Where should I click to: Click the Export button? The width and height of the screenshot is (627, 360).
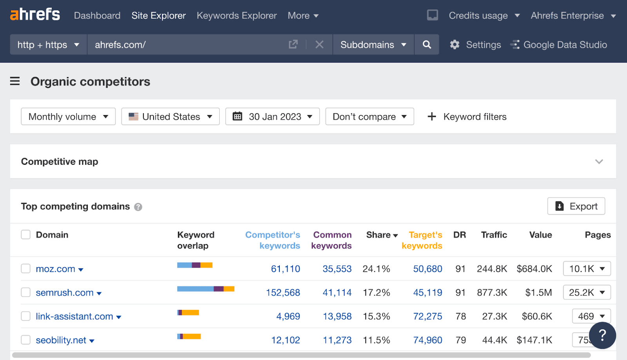coord(576,206)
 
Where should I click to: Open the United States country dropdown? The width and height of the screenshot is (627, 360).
coord(170,117)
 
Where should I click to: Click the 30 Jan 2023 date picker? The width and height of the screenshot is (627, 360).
coord(272,117)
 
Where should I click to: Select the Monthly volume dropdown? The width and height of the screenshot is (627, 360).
coord(68,117)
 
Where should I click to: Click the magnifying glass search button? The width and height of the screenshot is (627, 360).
coord(427,45)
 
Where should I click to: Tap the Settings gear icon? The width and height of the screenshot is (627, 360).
coord(455,45)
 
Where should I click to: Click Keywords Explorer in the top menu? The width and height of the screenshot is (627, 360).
coord(237,16)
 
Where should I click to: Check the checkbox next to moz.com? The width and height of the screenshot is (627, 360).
coord(26,268)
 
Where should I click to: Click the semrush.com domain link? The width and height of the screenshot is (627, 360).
coord(65,293)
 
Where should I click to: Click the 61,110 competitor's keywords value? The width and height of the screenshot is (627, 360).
coord(285,269)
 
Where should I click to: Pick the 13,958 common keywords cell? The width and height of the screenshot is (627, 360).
coord(337,316)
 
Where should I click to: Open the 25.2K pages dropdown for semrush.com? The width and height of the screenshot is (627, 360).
coord(587,292)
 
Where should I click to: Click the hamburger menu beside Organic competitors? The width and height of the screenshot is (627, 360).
coord(15,81)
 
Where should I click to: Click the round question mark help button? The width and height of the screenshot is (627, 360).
coord(602,335)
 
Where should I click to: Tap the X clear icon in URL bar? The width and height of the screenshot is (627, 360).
coord(319,45)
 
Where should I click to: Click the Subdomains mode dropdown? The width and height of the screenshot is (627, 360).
coord(373,45)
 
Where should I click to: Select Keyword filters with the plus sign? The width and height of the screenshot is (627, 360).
coord(467,117)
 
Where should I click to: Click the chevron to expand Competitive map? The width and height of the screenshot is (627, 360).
coord(599,162)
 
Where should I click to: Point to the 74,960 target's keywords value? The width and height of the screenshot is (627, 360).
coord(428,340)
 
